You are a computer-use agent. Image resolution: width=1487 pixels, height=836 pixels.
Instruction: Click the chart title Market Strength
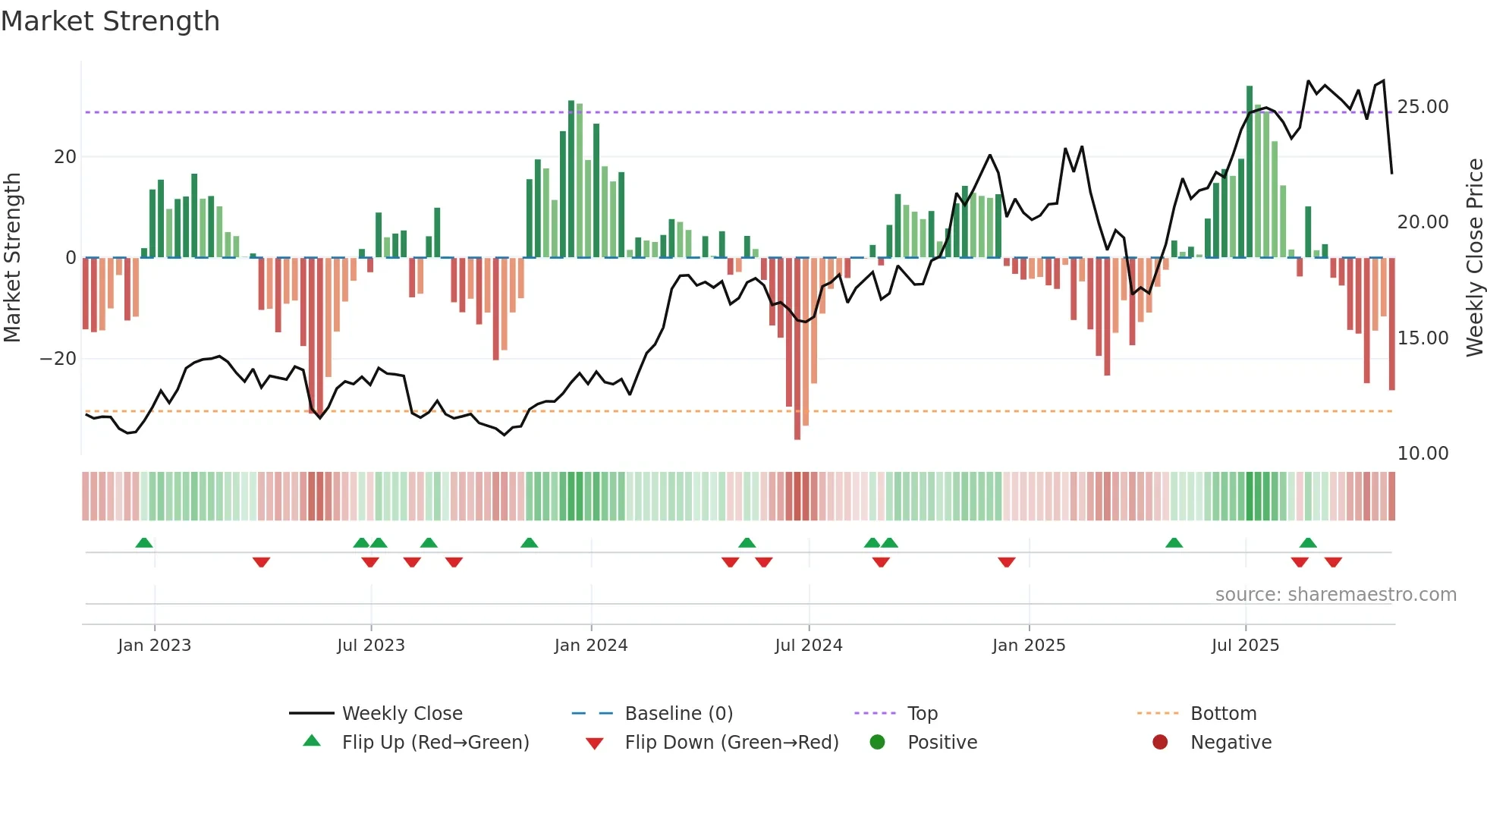[x=110, y=21]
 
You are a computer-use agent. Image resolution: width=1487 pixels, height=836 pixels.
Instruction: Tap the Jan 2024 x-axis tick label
[x=591, y=646]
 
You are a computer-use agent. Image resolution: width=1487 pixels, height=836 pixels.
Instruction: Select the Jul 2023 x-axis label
[x=371, y=646]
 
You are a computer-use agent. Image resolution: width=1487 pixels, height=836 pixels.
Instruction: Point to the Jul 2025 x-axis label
[x=1245, y=646]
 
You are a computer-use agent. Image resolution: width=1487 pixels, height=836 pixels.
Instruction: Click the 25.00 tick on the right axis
[x=1423, y=107]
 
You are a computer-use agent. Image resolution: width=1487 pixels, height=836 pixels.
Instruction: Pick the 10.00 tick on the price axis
[x=1423, y=454]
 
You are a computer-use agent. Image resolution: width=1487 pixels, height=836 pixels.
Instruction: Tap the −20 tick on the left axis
[x=58, y=359]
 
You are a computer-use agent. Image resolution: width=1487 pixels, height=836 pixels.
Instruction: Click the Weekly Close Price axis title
[x=1474, y=258]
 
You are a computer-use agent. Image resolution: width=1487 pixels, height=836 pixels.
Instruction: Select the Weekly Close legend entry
[x=401, y=714]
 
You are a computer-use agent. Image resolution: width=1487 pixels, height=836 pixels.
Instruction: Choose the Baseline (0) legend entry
[x=678, y=714]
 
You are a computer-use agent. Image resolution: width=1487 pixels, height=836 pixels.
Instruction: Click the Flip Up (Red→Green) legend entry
[x=435, y=743]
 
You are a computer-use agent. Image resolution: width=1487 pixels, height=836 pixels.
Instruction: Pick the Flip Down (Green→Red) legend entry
[x=731, y=743]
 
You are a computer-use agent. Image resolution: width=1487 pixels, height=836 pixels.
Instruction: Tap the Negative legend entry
[x=1231, y=743]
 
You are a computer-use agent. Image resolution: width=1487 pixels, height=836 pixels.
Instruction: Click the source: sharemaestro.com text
[x=1335, y=595]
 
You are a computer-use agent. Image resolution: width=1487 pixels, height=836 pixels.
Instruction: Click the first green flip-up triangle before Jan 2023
[x=144, y=542]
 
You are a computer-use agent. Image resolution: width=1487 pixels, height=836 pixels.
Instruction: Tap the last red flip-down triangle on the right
[x=1333, y=562]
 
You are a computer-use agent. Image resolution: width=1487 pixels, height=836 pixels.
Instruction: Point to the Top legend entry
[x=922, y=714]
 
